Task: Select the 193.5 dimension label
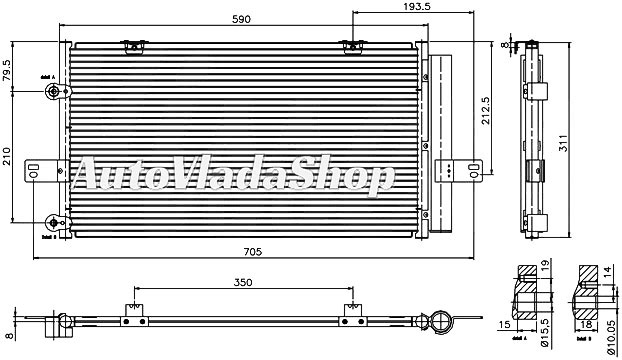click(384, 9)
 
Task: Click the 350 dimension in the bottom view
click(241, 283)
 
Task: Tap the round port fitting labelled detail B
click(54, 222)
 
